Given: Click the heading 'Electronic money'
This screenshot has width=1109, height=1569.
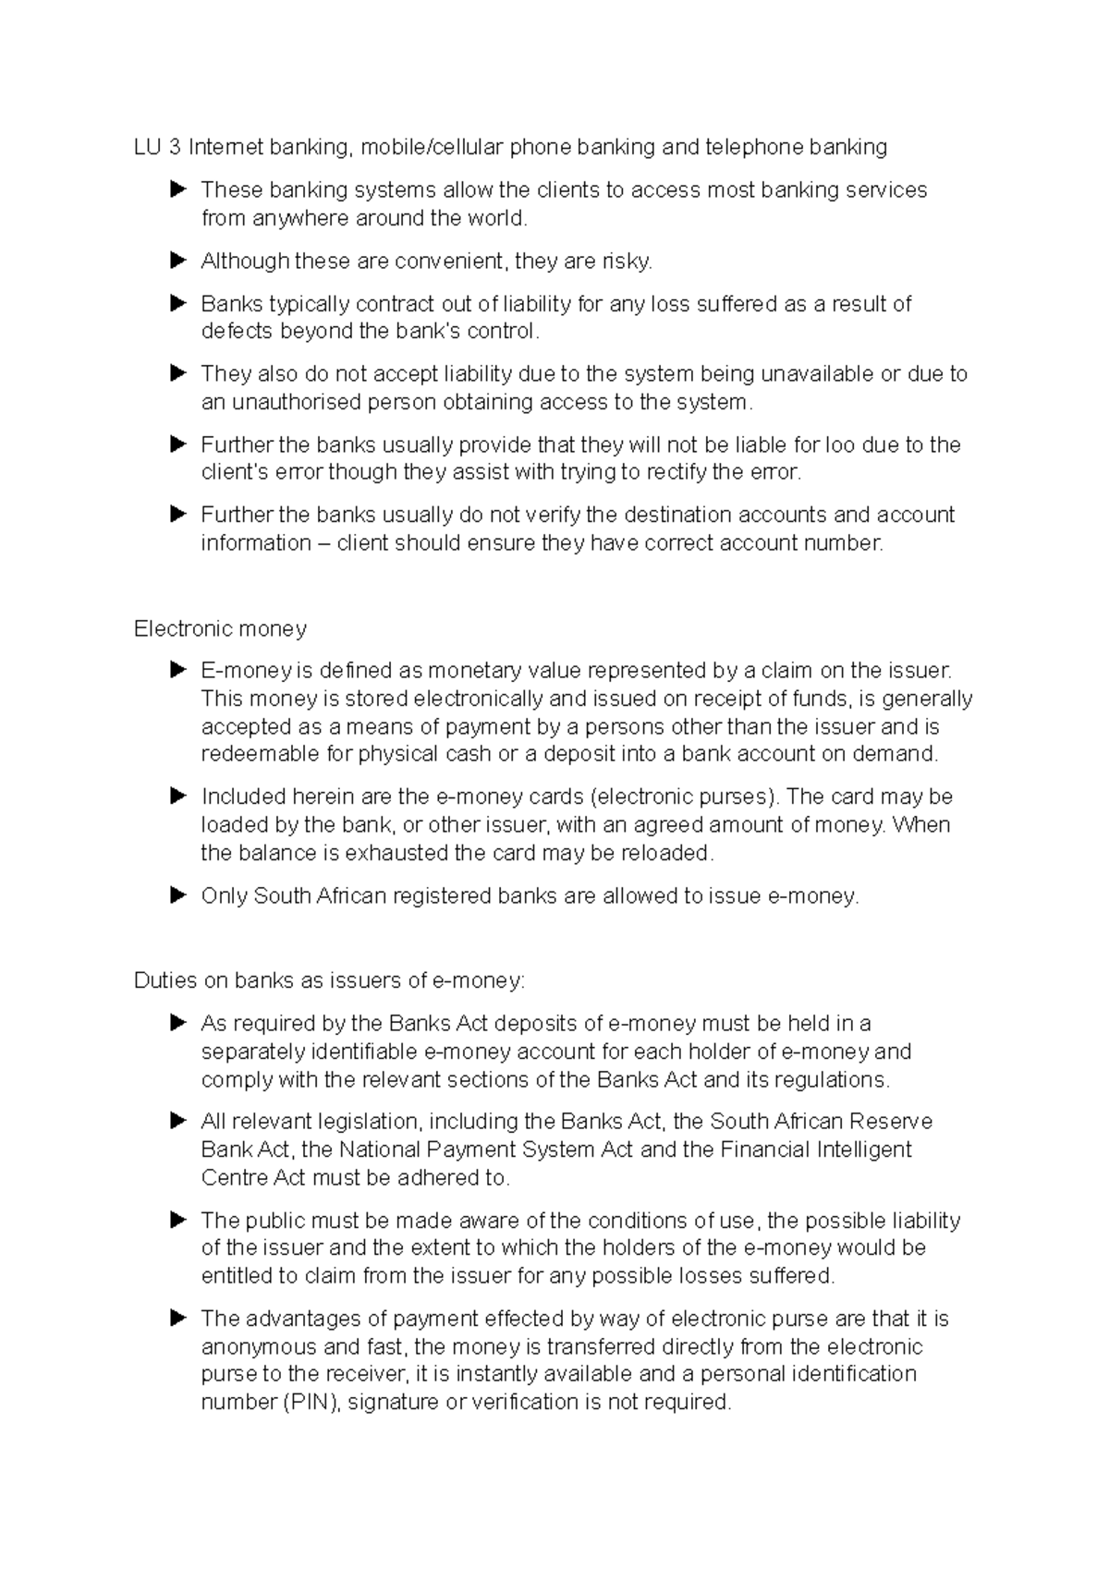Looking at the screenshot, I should click(x=220, y=629).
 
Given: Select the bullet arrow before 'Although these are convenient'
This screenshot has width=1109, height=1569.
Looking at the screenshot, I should click(x=178, y=261).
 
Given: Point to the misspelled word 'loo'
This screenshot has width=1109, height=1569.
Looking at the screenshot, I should click(x=840, y=445).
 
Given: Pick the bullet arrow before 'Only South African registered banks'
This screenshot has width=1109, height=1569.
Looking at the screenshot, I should click(x=178, y=896).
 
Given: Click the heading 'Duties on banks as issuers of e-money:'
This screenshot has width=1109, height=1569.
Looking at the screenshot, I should click(x=329, y=980).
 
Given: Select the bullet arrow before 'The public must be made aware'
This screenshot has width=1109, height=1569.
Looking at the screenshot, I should click(x=178, y=1221).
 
